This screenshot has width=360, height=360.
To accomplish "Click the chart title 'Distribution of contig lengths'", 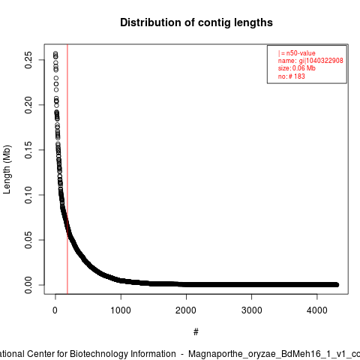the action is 196,22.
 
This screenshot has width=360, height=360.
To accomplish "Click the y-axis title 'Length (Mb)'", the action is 7,169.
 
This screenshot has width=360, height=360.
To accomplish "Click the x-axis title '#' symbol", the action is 196,332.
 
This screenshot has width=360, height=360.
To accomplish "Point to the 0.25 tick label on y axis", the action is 28,60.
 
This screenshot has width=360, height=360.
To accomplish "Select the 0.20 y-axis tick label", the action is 28,105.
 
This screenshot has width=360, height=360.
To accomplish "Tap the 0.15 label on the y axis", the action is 28,150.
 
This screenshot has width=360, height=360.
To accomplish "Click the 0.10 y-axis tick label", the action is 28,195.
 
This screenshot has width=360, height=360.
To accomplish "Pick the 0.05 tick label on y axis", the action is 28,240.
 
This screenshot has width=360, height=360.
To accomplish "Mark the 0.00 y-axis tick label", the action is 28,285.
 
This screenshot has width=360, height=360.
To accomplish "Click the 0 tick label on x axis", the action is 55,310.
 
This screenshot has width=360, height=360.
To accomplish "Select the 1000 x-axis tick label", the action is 121,310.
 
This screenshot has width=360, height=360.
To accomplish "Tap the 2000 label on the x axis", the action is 186,310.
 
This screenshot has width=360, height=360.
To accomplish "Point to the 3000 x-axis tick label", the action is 251,310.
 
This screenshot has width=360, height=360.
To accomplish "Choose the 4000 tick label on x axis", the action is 317,310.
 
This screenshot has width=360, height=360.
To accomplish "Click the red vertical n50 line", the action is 67,169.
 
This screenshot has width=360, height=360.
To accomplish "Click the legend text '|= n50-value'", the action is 297,53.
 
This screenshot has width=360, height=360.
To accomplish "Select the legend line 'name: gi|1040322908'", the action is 310,61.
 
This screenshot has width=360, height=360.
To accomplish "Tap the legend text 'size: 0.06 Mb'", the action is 297,68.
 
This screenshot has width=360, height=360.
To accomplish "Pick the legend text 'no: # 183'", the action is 292,76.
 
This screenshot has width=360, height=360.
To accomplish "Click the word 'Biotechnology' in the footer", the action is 123,354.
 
